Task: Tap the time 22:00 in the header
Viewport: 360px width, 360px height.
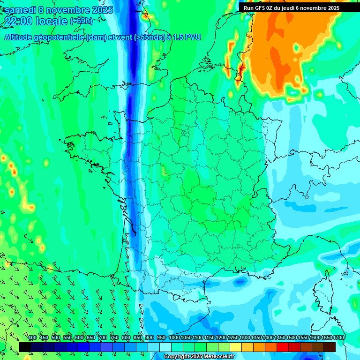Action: click(17, 21)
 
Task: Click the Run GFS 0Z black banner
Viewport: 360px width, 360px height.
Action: click(292, 8)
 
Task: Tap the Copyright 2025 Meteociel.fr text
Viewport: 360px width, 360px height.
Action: click(199, 357)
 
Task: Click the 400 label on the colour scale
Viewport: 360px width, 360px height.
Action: click(32, 338)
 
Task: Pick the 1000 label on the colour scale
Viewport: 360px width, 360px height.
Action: click(174, 338)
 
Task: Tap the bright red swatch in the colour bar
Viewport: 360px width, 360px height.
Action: click(283, 347)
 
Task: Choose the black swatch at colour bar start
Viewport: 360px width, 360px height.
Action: click(24, 347)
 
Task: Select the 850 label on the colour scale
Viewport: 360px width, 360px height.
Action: click(138, 338)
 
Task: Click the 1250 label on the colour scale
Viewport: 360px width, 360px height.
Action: click(233, 338)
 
